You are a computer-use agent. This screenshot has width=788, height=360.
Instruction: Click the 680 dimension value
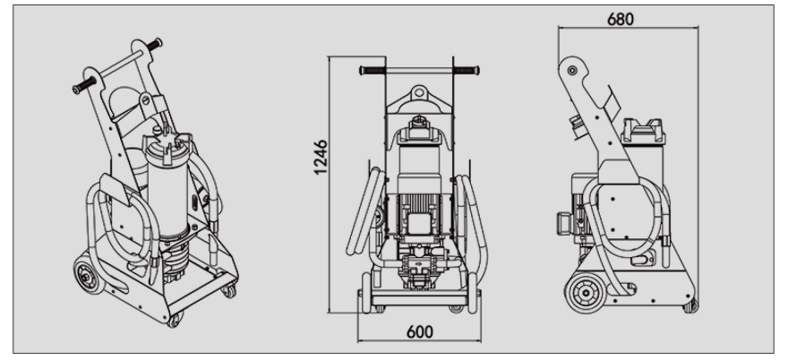point(621,19)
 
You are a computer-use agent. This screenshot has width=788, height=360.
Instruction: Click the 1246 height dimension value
point(321,158)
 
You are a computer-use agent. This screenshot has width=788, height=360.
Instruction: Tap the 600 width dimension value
point(420,332)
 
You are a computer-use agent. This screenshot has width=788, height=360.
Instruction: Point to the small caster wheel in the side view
point(690,304)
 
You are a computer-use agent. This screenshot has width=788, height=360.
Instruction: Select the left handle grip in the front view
point(373,71)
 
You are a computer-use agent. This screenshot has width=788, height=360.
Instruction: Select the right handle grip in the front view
point(466,71)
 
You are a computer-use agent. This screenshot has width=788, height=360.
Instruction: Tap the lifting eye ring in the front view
point(419,92)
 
